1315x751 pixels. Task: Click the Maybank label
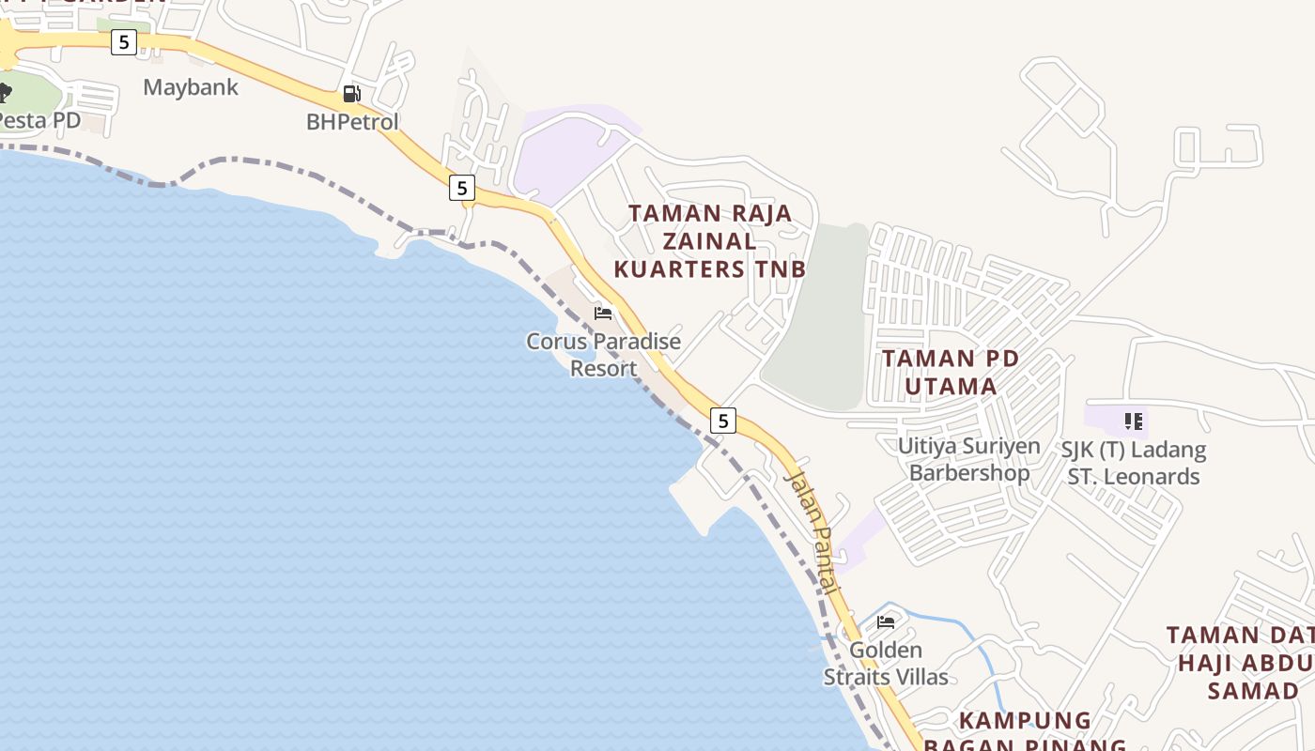pos(191,87)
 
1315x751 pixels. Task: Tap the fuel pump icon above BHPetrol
pos(352,94)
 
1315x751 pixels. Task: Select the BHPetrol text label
pos(352,122)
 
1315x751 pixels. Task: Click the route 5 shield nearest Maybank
pos(123,41)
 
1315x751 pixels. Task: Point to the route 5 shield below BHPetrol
pos(461,187)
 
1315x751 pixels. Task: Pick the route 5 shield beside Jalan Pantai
pos(722,420)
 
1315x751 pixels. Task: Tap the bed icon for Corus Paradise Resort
pos(603,313)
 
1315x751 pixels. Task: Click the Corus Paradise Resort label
pos(604,355)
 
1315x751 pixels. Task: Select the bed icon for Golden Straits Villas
pos(886,621)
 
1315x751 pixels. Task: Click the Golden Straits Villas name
pos(886,663)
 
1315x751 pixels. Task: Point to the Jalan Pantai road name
pos(811,530)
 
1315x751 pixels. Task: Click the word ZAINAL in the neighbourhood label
pos(710,241)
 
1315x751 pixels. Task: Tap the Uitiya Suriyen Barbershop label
pos(969,458)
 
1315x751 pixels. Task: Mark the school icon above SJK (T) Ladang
pos(1134,421)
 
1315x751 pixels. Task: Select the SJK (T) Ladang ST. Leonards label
pos(1134,463)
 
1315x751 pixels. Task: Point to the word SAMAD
pos(1253,691)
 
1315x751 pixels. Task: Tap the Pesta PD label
pos(39,120)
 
